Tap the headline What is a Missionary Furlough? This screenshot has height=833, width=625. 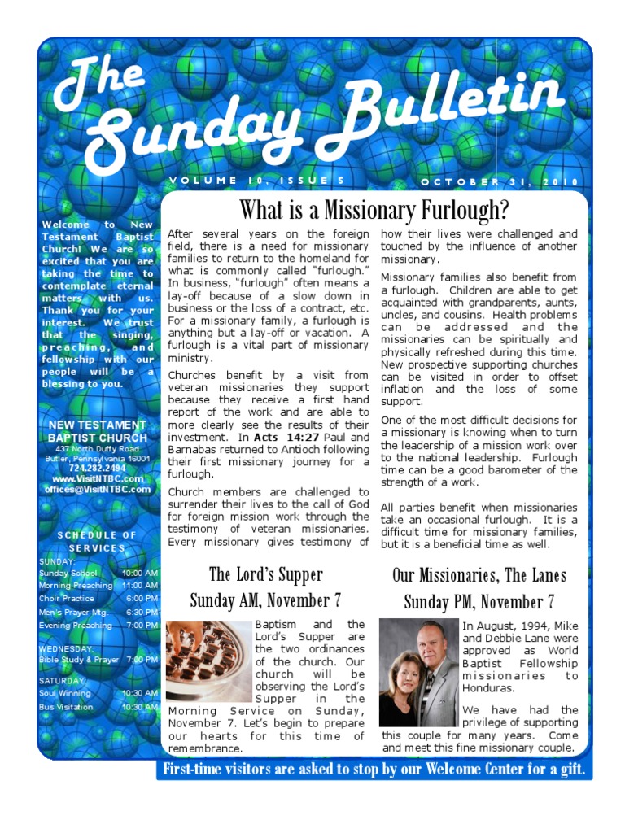tap(374, 210)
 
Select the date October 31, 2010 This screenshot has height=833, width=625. tap(500, 181)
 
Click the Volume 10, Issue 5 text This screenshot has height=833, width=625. tap(258, 180)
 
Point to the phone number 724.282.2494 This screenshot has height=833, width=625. tap(97, 469)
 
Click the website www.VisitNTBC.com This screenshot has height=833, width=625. tap(97, 479)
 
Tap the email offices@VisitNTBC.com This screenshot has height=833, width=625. tap(97, 490)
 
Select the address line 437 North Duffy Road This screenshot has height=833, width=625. tap(97, 449)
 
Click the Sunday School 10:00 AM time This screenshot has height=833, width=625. tap(140, 574)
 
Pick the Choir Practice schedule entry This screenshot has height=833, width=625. tap(66, 599)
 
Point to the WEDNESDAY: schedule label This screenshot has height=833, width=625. tap(67, 648)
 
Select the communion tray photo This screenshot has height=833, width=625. tap(208, 661)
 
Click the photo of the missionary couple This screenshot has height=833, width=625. tap(419, 673)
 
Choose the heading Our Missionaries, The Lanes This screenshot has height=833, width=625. tap(479, 576)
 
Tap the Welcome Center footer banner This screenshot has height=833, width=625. tap(374, 770)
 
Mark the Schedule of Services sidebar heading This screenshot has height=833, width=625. tap(97, 541)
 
